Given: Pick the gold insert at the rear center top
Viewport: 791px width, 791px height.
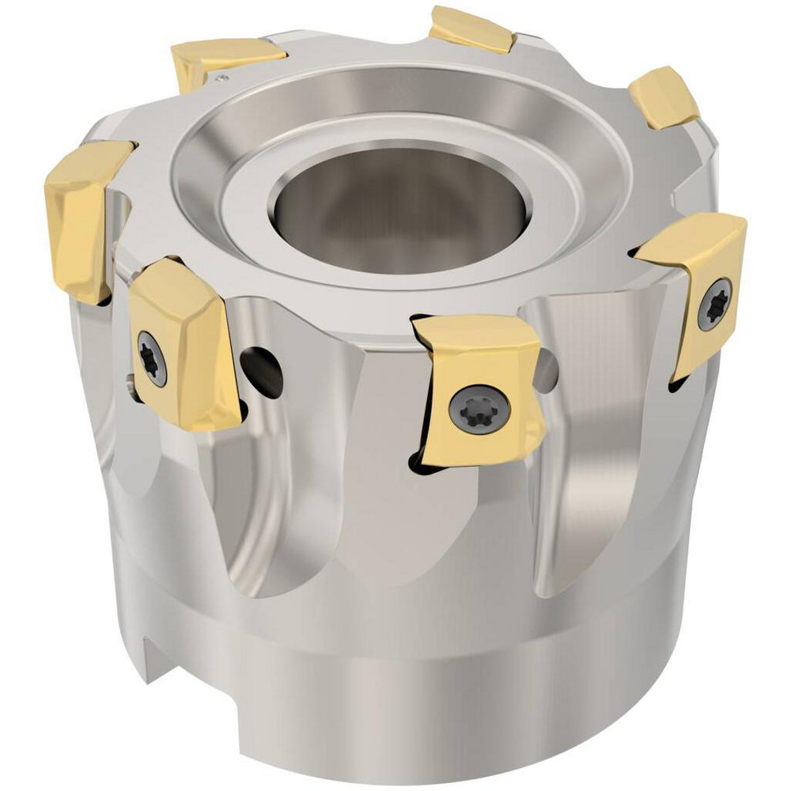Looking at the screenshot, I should pyautogui.click(x=472, y=28).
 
